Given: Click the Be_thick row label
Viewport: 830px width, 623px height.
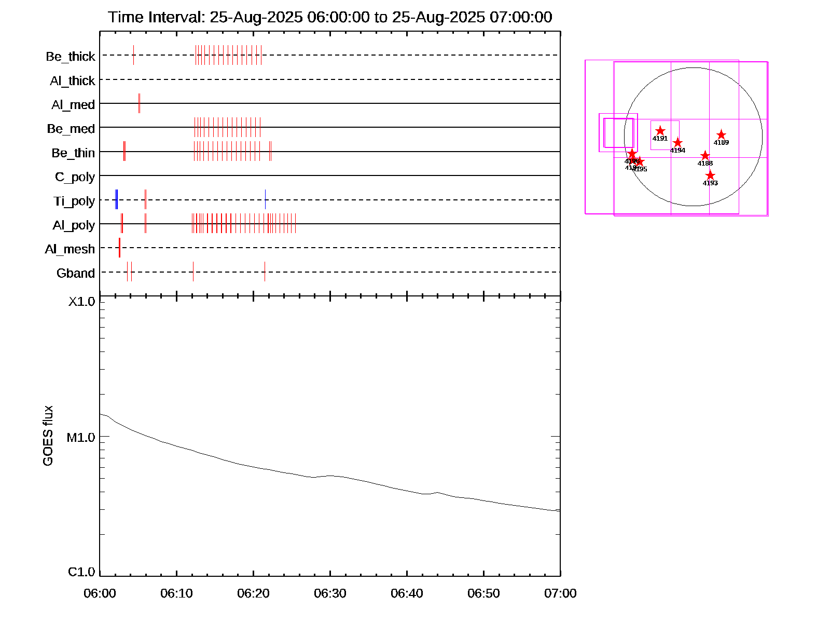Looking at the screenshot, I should [x=71, y=56].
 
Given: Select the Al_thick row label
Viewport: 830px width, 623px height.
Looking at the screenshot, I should [x=73, y=80].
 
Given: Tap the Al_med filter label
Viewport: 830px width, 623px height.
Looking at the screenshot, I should [x=73, y=105].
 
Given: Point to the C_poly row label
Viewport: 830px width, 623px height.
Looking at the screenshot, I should [x=75, y=177].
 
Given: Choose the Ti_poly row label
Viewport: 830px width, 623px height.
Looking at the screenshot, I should [x=74, y=201].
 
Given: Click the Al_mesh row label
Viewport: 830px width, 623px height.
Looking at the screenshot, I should [x=70, y=249].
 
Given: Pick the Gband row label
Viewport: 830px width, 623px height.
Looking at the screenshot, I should [x=76, y=273].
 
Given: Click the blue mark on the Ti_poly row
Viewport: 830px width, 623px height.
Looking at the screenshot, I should [x=116, y=199].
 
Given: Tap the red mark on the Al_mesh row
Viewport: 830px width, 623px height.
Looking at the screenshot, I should [x=119, y=248].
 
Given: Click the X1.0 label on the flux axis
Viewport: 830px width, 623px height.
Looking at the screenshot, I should [x=82, y=302].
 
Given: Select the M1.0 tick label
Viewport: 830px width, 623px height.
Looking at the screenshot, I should [x=81, y=438].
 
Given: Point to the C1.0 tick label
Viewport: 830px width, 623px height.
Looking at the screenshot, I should [x=81, y=572].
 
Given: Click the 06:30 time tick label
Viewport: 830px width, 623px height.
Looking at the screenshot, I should [x=330, y=593].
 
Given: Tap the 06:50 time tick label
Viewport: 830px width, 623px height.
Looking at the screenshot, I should [x=483, y=593].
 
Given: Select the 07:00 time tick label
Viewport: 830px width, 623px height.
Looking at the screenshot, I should [x=560, y=593].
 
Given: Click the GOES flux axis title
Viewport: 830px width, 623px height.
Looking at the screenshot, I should [x=48, y=436].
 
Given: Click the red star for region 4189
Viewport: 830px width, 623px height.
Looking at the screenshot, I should [x=721, y=135].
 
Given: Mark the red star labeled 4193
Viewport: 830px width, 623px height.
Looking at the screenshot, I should [x=710, y=175].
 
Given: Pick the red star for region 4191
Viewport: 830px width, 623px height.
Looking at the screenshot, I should [x=660, y=131].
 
